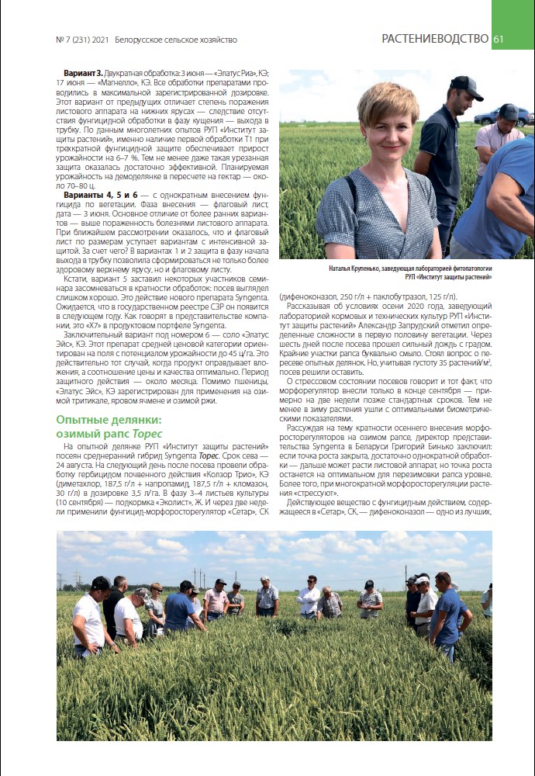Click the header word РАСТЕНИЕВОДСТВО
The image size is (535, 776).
click(x=434, y=39)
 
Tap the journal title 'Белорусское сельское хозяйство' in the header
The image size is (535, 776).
click(x=175, y=40)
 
